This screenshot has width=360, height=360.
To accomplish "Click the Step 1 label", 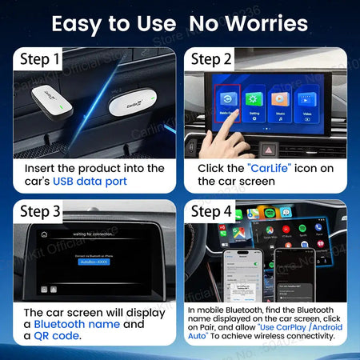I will click(x=40, y=59).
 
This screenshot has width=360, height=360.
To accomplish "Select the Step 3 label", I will click(x=40, y=212).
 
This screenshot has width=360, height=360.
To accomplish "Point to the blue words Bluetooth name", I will click(x=77, y=324).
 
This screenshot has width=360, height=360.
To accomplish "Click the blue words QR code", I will click(x=58, y=337).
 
